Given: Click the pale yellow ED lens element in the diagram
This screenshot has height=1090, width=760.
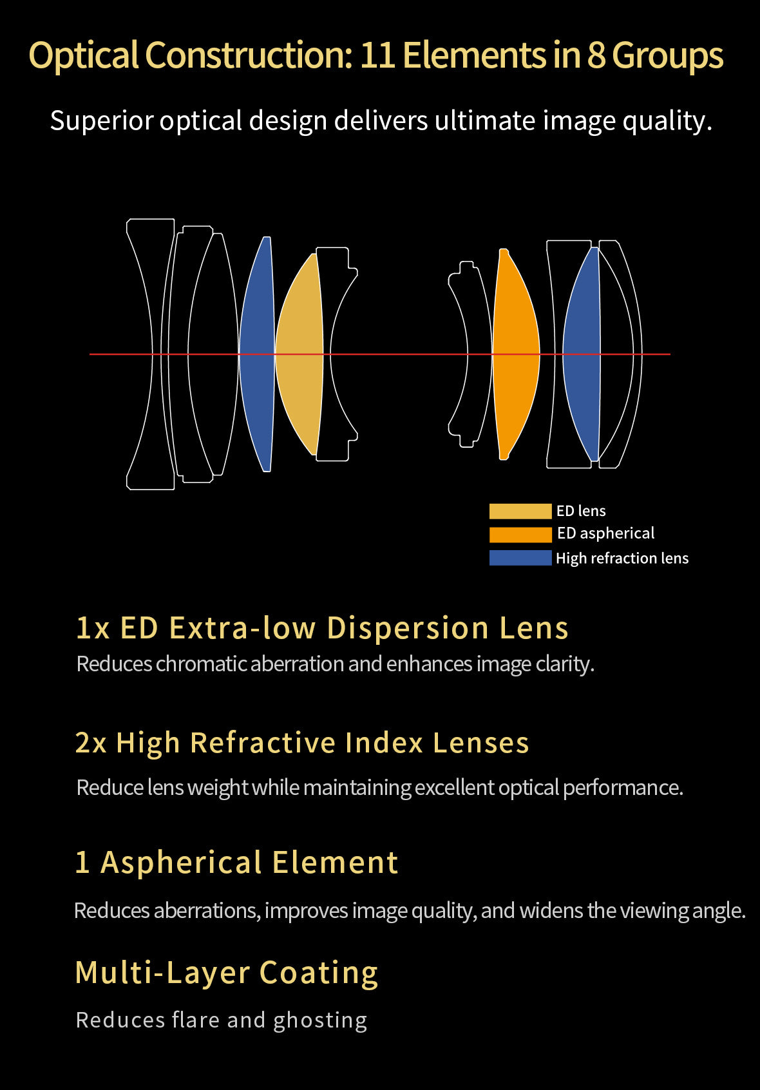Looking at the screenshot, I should (x=300, y=354).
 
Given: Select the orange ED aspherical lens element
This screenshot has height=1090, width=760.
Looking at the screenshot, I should (x=515, y=354).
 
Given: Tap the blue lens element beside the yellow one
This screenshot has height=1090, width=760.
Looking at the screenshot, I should (x=257, y=354).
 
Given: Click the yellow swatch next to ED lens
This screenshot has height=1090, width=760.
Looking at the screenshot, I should (x=520, y=512).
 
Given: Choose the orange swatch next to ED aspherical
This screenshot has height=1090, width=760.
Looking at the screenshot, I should (x=520, y=535).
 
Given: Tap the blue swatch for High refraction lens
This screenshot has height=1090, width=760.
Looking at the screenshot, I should (x=520, y=558).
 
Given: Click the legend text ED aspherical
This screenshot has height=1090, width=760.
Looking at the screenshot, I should (x=605, y=533).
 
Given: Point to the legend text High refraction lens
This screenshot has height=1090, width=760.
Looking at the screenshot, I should (x=622, y=559).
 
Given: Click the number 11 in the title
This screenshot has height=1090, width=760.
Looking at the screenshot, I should (x=377, y=55).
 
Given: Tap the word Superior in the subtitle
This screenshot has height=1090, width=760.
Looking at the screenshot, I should (x=101, y=121).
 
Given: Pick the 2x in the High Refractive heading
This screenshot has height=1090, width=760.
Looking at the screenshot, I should (x=91, y=743).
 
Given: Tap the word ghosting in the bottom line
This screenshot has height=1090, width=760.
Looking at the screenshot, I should (x=320, y=1021).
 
